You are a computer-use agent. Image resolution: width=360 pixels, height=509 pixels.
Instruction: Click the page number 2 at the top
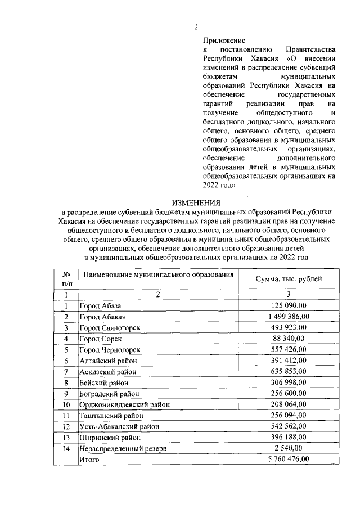coord(196,27)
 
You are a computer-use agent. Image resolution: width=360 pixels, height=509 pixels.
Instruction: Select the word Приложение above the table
coord(224,40)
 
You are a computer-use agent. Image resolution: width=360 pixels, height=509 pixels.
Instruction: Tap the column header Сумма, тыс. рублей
coord(289,278)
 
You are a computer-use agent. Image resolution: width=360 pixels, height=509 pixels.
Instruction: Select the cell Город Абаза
coord(100,305)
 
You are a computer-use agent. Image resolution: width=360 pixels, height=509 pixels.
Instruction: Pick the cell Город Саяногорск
coord(109,327)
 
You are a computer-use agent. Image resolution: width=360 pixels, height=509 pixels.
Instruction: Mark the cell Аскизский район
coord(107,371)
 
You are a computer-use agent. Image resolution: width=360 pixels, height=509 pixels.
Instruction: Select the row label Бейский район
coord(104,382)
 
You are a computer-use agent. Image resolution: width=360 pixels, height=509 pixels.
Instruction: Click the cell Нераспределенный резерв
coord(118,448)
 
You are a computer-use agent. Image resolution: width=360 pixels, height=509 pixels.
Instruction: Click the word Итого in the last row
coord(89,460)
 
